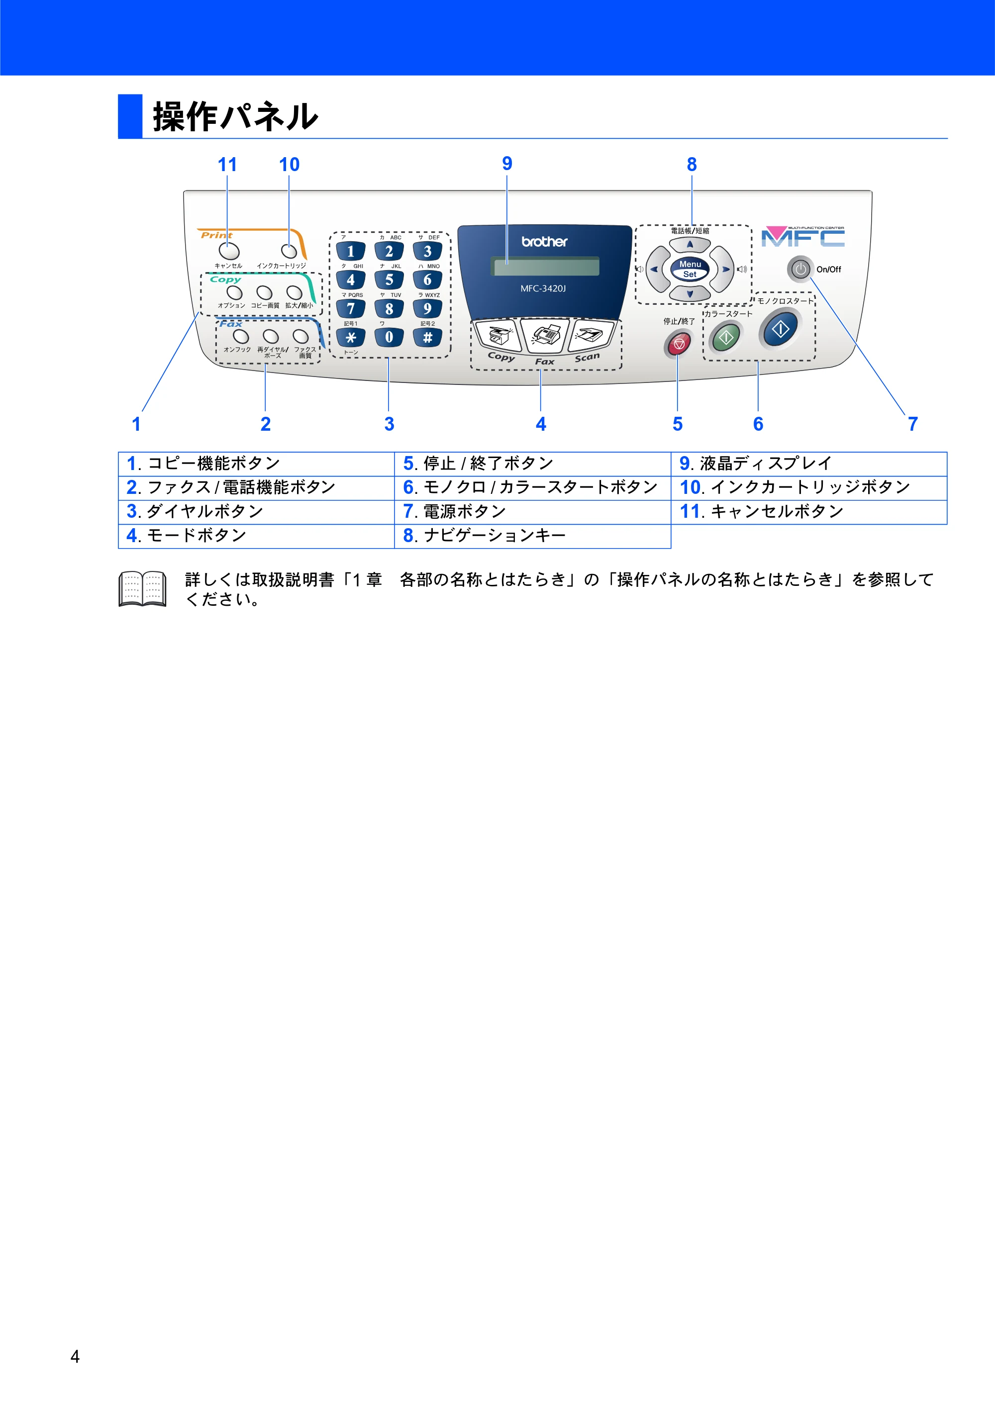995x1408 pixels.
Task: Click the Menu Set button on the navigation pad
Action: click(x=690, y=269)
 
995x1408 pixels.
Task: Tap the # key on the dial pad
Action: click(x=427, y=337)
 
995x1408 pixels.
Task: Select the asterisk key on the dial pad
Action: click(x=351, y=337)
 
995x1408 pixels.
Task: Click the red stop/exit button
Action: click(x=679, y=344)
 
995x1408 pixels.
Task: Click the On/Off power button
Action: click(x=800, y=269)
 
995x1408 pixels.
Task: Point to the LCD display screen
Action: click(x=545, y=266)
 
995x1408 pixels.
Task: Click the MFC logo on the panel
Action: click(x=803, y=236)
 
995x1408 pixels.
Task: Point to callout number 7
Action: click(x=913, y=424)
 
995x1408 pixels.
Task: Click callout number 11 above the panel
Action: click(x=227, y=164)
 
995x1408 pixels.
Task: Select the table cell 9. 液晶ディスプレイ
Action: click(x=809, y=464)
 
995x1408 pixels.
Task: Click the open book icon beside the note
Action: click(x=142, y=589)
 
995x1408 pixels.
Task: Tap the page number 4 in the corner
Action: click(x=75, y=1356)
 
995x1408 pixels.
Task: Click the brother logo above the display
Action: click(x=545, y=242)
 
